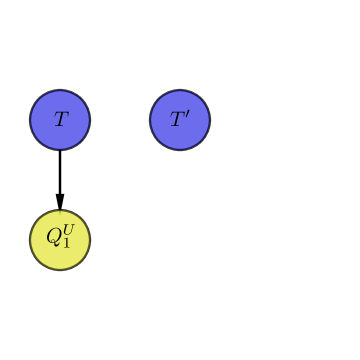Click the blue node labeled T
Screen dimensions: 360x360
pyautogui.click(x=60, y=120)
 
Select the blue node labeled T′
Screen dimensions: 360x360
pyautogui.click(x=180, y=120)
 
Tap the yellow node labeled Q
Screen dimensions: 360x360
pyautogui.click(x=60, y=240)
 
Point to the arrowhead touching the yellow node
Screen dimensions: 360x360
pyautogui.click(x=60, y=202)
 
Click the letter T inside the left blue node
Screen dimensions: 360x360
pyautogui.click(x=60, y=120)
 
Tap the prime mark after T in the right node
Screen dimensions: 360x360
pyautogui.click(x=187, y=115)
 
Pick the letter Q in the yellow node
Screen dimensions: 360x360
pyautogui.click(x=54, y=239)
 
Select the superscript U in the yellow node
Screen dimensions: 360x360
pyautogui.click(x=68, y=232)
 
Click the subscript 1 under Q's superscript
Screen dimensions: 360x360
pyautogui.click(x=67, y=244)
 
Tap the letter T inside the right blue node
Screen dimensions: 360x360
pyautogui.click(x=177, y=121)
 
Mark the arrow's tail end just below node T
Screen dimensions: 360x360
pyautogui.click(x=60, y=152)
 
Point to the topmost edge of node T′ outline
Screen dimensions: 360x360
pyautogui.click(x=180, y=90)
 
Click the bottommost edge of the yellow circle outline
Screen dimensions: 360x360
pyautogui.click(x=60, y=270)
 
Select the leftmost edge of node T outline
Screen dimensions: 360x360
pyautogui.click(x=30, y=120)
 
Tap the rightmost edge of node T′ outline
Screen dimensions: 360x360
pyautogui.click(x=210, y=120)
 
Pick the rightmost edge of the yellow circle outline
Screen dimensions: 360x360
pyautogui.click(x=90, y=240)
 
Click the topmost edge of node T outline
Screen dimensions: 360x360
pyautogui.click(x=60, y=90)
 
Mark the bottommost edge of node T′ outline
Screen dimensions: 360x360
pyautogui.click(x=180, y=150)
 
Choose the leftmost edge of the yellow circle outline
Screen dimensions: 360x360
pyautogui.click(x=30, y=240)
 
